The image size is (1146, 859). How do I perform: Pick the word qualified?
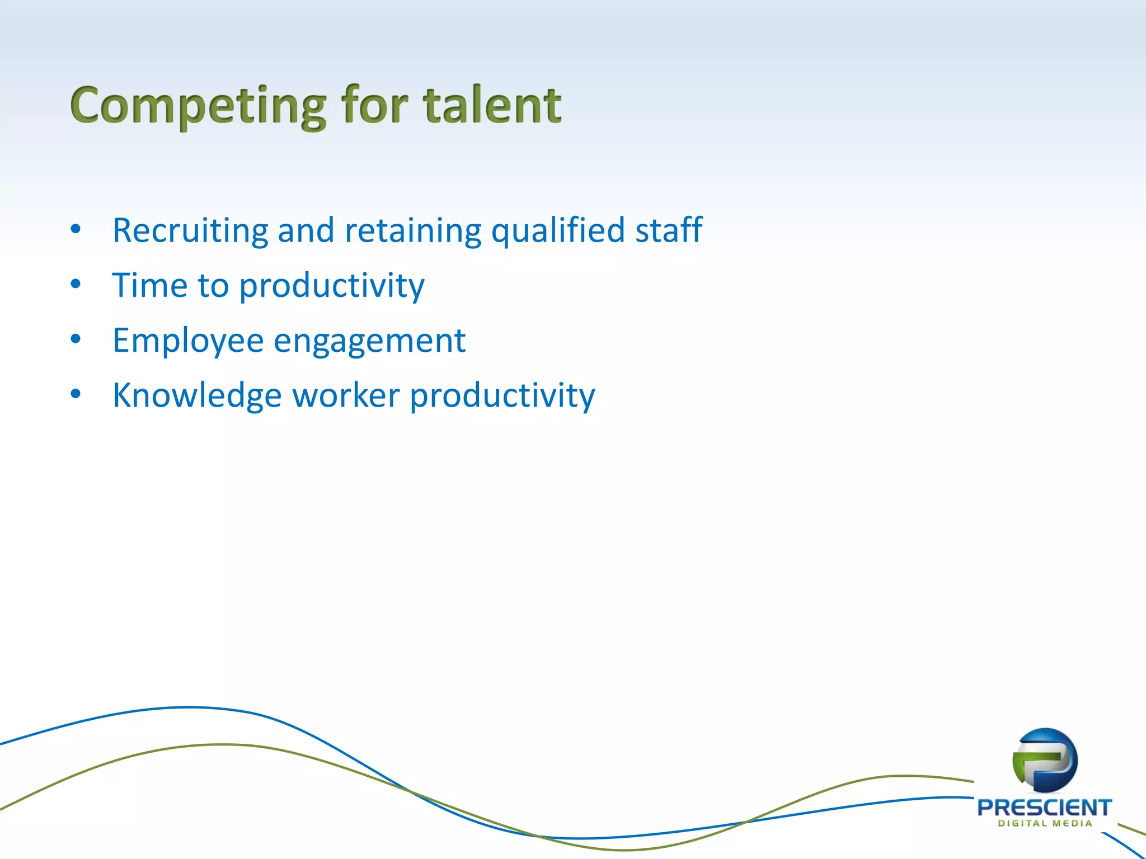coord(558,231)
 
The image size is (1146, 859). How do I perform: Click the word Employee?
coord(188,341)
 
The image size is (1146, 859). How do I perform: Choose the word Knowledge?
coord(197,396)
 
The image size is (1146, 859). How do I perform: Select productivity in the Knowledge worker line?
coord(502,396)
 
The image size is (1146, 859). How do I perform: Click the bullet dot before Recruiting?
coord(76,229)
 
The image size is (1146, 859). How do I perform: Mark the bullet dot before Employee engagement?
coord(76,339)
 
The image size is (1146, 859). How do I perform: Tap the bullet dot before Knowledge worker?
coord(76,394)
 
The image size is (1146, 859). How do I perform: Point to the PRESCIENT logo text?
coord(1044,808)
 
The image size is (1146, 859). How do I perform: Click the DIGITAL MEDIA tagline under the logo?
coord(1045,823)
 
